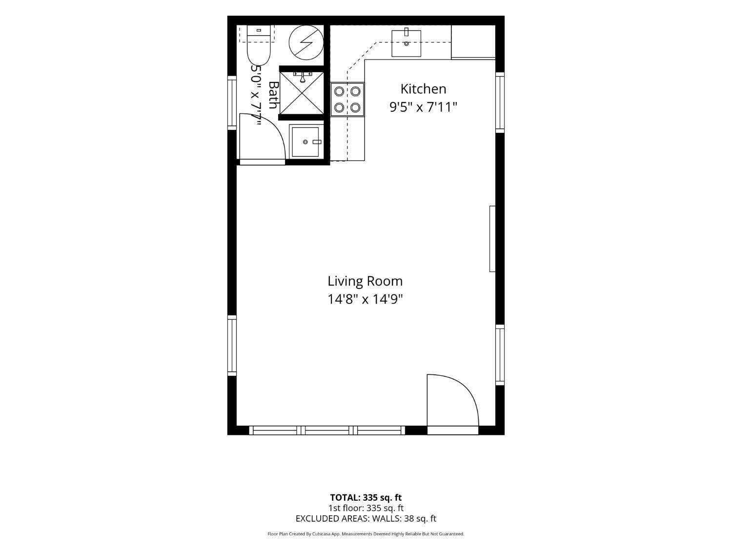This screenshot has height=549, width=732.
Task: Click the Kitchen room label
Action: click(423, 89)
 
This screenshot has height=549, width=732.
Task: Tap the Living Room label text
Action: click(365, 281)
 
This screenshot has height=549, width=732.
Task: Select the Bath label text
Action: click(273, 95)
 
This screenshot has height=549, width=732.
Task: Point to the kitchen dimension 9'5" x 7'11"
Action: click(423, 107)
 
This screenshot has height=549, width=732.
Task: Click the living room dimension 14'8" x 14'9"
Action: click(365, 299)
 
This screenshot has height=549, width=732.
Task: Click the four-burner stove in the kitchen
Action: click(347, 100)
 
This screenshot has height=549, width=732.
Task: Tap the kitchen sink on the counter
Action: click(406, 43)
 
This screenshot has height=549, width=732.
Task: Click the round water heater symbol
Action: click(306, 42)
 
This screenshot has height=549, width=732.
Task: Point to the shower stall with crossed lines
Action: click(302, 93)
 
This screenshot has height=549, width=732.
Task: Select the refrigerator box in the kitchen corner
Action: click(473, 42)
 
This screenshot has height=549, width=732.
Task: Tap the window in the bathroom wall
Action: click(232, 102)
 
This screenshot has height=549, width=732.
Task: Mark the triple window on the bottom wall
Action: click(327, 430)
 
